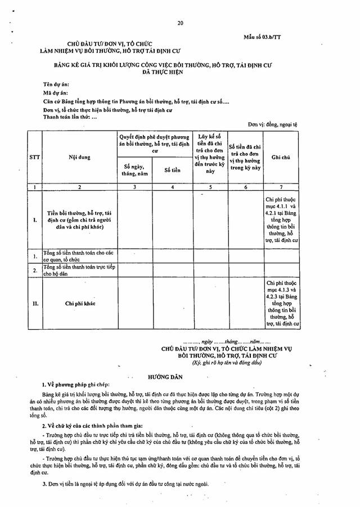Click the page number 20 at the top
click(180, 23)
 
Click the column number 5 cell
click(210, 186)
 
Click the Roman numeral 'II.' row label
click(35, 303)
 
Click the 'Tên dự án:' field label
click(55, 83)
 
